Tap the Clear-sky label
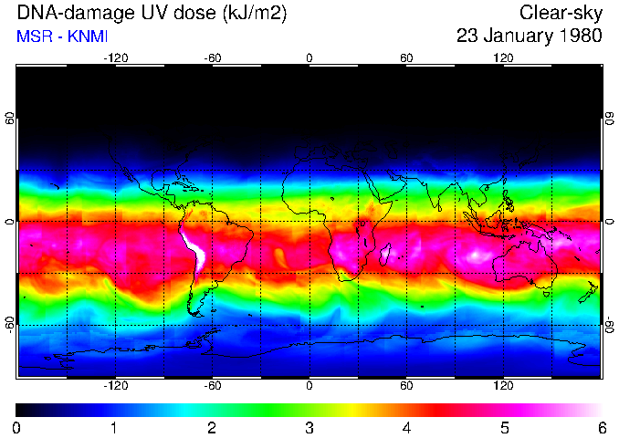click(561, 14)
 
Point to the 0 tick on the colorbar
click(17, 427)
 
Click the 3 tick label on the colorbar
click(309, 427)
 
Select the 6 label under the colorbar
click(602, 427)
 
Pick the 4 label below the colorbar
click(406, 427)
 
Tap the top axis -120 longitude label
click(115, 57)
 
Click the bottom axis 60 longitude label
click(406, 386)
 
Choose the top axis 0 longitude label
click(309, 57)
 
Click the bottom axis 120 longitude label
click(504, 386)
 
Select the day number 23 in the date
click(468, 36)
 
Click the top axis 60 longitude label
click(406, 57)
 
